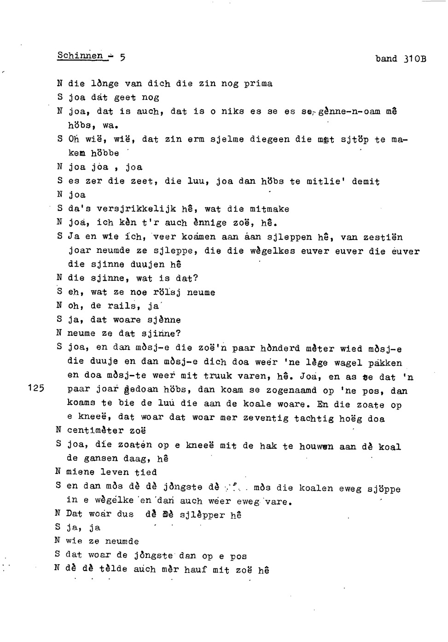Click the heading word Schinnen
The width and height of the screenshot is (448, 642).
coord(80,56)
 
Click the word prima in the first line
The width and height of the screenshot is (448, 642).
coord(258,84)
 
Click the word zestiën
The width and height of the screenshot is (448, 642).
coord(383,238)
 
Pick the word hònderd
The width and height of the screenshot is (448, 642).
coord(280,349)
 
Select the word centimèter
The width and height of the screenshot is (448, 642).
coord(95,431)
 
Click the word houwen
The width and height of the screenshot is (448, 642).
coord(316,446)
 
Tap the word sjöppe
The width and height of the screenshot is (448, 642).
coord(384,489)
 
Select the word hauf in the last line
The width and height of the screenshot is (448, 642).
coord(195,570)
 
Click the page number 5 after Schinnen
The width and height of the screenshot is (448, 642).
coord(122,58)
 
